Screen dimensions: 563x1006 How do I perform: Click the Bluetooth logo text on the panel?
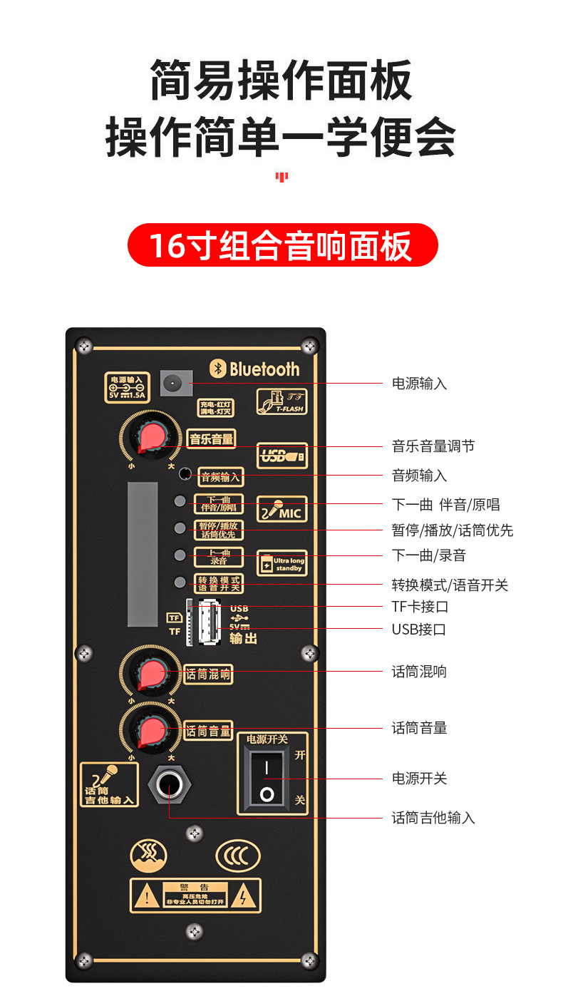(x=255, y=369)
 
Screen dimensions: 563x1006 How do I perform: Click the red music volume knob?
(x=151, y=436)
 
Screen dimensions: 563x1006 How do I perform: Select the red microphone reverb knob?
(x=151, y=674)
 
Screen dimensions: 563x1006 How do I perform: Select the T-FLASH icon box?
(x=281, y=402)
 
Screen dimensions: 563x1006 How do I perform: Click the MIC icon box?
(x=281, y=509)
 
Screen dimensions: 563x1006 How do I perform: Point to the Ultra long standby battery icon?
(x=281, y=563)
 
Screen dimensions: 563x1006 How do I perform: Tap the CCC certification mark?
(x=238, y=856)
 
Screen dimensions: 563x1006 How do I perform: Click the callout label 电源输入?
(x=420, y=384)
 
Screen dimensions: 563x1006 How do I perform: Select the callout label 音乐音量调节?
(x=433, y=446)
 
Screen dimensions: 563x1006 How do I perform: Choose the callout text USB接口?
(x=419, y=630)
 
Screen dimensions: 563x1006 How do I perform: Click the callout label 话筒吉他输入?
(x=433, y=818)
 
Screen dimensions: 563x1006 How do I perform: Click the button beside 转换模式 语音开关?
(x=180, y=582)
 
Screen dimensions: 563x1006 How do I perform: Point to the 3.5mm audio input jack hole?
(x=185, y=473)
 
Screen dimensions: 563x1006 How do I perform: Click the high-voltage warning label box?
(x=195, y=895)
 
